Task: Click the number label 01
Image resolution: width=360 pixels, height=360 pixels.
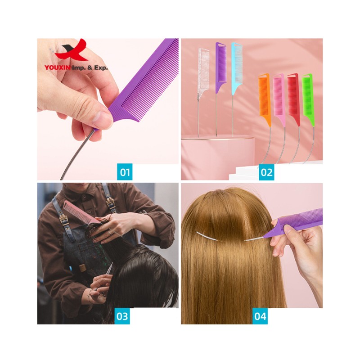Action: click(x=125, y=172)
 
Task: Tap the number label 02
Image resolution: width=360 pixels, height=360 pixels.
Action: click(x=266, y=172)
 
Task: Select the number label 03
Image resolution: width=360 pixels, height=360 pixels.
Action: click(x=122, y=316)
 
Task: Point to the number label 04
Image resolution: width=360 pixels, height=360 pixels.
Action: click(x=261, y=316)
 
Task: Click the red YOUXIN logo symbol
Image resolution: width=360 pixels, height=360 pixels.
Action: click(x=72, y=51)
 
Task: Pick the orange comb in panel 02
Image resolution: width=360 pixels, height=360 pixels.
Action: click(x=264, y=97)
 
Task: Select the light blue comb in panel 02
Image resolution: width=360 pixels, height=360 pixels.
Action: click(x=237, y=63)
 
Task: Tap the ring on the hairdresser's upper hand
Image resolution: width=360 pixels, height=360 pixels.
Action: click(x=109, y=232)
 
